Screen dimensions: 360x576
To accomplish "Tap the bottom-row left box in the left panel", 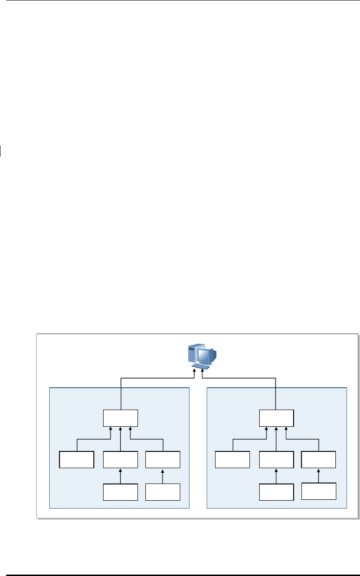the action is pos(121,492).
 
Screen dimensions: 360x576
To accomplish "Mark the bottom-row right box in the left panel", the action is pos(163,492).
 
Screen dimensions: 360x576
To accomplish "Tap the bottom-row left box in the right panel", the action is pos(276,492).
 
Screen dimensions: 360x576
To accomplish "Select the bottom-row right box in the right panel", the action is pos(318,491).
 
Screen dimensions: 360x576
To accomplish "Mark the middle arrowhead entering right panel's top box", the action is pos(276,430).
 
